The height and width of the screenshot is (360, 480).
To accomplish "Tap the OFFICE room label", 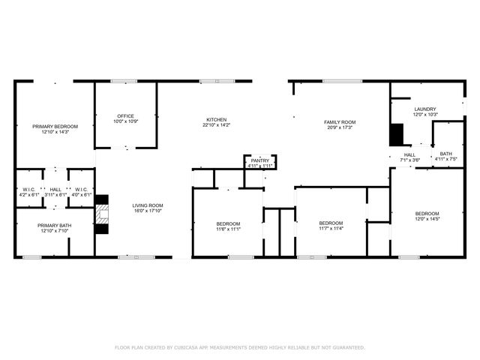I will click(x=125, y=116).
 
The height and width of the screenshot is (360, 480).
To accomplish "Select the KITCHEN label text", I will click(x=217, y=120).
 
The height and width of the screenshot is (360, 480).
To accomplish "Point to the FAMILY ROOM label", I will click(x=340, y=122).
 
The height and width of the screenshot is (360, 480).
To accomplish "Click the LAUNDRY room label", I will click(x=425, y=109).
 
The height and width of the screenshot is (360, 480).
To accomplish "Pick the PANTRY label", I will click(x=260, y=160).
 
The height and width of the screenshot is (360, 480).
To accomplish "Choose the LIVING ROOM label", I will click(x=148, y=205).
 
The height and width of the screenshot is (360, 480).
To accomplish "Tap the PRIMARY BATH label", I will click(x=55, y=226).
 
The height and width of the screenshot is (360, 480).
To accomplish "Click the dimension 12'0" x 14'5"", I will click(x=427, y=220).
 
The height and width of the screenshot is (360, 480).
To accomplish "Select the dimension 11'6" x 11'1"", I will click(x=228, y=229).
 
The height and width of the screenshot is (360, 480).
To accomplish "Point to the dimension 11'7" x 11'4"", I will click(x=331, y=228).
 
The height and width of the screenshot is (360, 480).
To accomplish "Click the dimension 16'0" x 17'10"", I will click(x=148, y=211).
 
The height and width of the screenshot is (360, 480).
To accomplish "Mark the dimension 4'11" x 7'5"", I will click(x=446, y=159).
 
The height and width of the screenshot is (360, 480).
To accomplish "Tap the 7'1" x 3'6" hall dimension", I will click(x=409, y=160).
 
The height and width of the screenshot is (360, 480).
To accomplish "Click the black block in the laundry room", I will click(x=396, y=134).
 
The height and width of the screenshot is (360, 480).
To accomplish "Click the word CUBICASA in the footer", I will click(x=190, y=347).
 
